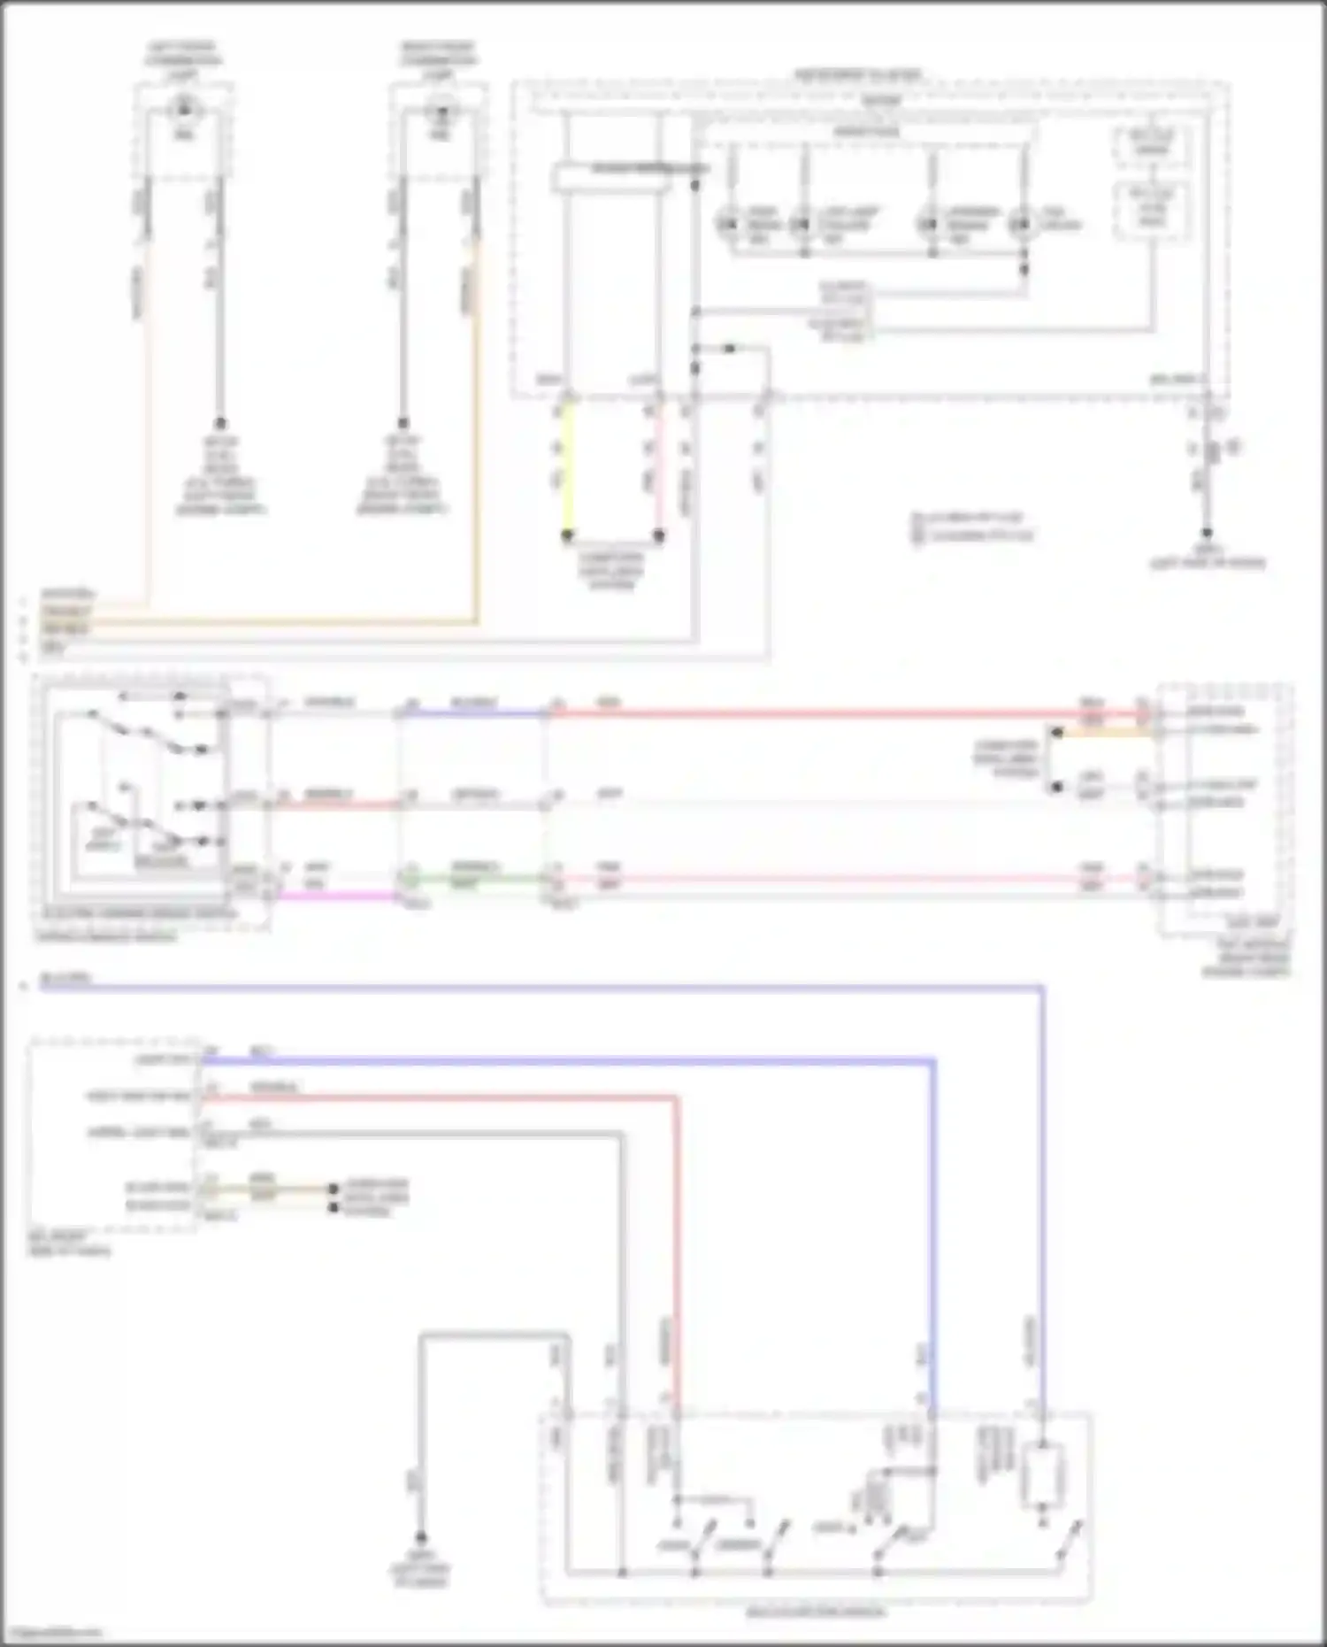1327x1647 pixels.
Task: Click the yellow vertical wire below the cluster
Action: tap(567, 469)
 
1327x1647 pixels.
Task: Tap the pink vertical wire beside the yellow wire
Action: tap(659, 469)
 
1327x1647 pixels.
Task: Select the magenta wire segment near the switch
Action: tap(336, 896)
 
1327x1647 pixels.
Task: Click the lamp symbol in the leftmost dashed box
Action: tap(184, 112)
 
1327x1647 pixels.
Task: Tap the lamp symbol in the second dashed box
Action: tap(439, 112)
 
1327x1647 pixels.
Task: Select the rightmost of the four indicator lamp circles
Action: tap(1023, 224)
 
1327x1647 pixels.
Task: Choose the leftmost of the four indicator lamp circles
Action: tap(727, 224)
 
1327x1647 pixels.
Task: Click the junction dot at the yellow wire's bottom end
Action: tap(567, 535)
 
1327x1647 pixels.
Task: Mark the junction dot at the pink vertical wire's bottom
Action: tap(659, 535)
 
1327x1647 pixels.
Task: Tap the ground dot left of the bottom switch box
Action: tap(420, 1538)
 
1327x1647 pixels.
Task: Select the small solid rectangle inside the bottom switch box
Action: tap(1042, 1474)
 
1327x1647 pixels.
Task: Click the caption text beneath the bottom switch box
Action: tap(814, 1612)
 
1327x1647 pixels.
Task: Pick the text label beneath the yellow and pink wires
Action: tap(612, 572)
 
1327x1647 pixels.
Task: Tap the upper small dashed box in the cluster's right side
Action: tap(1152, 144)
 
